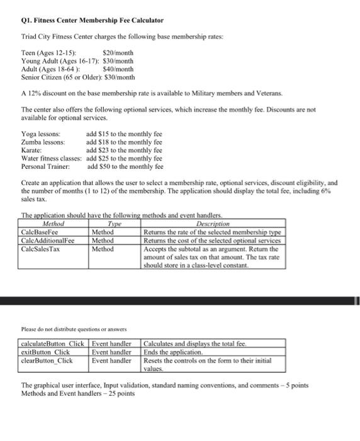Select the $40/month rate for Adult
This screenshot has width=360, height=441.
[x=118, y=69]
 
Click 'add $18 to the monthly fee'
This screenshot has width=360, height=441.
[x=124, y=143]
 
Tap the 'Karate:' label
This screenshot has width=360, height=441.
[x=31, y=151]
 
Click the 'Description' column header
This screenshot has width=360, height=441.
[x=213, y=224]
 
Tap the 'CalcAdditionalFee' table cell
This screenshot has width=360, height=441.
[x=48, y=240]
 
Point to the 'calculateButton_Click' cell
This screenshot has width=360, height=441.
[x=53, y=343]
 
